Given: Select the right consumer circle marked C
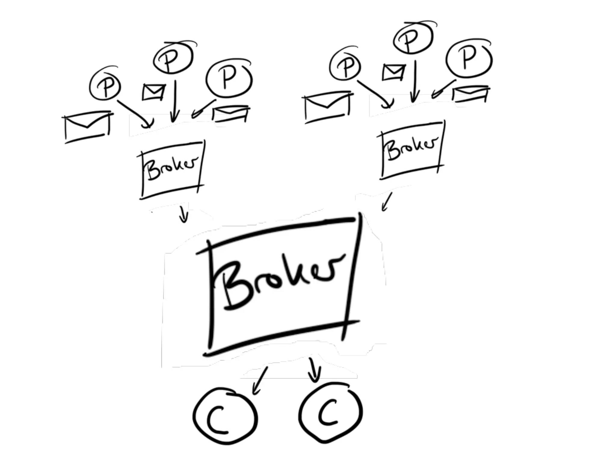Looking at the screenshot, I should point(330,414).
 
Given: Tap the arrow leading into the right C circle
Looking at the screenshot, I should point(313,370).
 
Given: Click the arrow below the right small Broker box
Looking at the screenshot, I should point(387,202).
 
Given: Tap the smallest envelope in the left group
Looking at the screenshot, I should point(153,92).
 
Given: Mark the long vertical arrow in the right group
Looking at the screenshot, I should point(414,81).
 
